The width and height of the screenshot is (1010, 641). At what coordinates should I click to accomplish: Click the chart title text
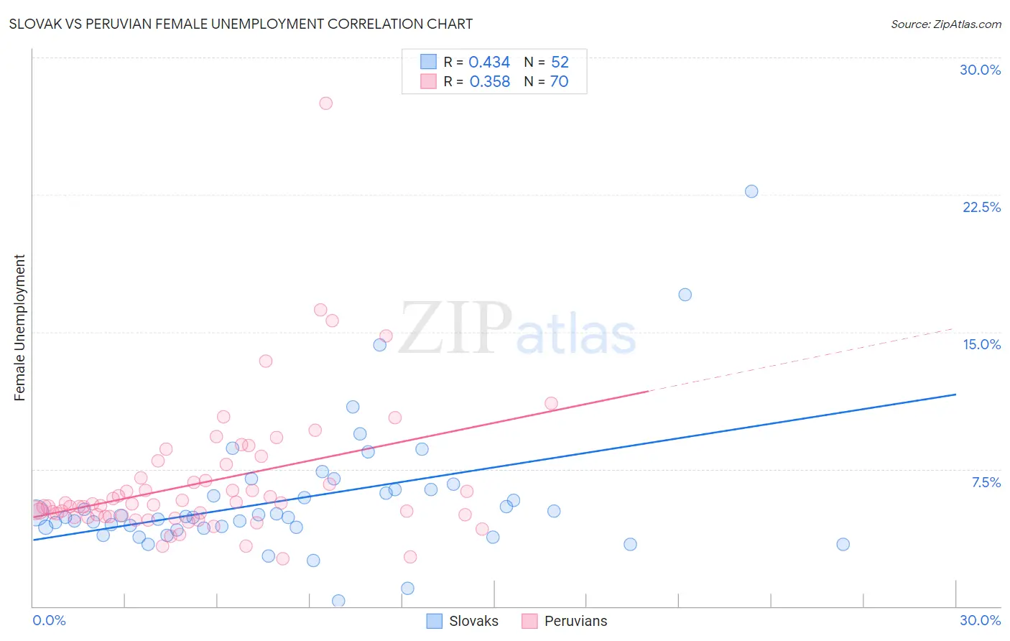coord(241,24)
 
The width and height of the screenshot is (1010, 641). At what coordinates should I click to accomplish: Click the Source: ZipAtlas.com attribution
coord(945,24)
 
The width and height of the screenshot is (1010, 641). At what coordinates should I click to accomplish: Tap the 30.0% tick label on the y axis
coord(980,70)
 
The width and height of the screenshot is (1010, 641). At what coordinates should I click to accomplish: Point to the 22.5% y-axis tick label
coord(981,207)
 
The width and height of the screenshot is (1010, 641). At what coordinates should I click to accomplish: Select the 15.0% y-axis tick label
coord(981,344)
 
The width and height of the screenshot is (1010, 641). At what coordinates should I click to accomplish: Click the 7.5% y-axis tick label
coord(986,482)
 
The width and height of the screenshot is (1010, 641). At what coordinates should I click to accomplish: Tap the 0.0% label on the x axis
coord(49,620)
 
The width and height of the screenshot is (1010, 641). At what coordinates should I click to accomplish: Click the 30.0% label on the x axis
coord(980,620)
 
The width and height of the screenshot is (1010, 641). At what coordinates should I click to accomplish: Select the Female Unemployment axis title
coord(19,327)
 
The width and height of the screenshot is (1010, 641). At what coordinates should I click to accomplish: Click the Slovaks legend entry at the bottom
coord(473,621)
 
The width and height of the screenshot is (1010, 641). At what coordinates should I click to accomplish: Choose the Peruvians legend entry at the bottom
coord(575,621)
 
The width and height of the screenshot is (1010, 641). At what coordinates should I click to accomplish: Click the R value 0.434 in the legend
coord(488,63)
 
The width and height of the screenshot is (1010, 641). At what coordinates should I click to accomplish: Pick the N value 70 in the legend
coord(559,82)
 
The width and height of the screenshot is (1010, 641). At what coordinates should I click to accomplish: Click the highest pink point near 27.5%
coord(325,103)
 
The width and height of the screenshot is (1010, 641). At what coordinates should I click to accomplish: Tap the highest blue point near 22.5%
coord(751,191)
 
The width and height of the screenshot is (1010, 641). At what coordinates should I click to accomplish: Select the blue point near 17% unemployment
coord(685,295)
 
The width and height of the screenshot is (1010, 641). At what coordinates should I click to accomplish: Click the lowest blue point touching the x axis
coord(338,601)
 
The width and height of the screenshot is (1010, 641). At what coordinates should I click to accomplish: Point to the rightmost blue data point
coord(843,544)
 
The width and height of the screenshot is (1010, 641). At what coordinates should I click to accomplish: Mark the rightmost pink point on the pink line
coord(551,403)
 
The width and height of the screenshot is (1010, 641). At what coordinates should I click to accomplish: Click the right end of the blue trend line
coord(955,395)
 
